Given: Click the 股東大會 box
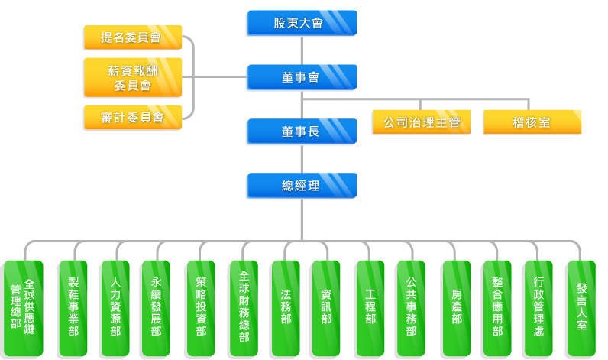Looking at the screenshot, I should click(x=301, y=23).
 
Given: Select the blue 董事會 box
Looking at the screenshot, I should click(x=301, y=77).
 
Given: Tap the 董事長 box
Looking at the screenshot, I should click(x=301, y=131).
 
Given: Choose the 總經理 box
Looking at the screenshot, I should click(x=301, y=186).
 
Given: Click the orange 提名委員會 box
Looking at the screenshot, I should click(x=132, y=37).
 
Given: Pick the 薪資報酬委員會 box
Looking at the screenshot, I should click(x=132, y=77).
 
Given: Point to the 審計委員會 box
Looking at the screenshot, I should click(x=132, y=118).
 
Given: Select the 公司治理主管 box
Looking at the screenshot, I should click(x=422, y=122).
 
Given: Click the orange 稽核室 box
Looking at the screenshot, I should click(x=532, y=122).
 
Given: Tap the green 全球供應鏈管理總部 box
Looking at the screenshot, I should click(x=23, y=308).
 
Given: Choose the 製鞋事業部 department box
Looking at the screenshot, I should click(x=73, y=308).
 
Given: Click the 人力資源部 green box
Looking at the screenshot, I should click(x=115, y=308).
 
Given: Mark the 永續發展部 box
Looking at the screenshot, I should click(x=156, y=308).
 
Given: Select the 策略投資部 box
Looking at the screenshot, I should click(x=200, y=308).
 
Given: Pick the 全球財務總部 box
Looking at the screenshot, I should click(x=243, y=308).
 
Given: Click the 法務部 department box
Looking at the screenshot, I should click(x=285, y=308).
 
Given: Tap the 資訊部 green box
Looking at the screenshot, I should click(x=325, y=308).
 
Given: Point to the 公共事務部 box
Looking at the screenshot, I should click(x=410, y=308).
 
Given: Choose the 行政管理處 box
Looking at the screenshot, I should click(x=538, y=308).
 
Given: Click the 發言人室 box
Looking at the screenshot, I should click(x=581, y=308).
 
